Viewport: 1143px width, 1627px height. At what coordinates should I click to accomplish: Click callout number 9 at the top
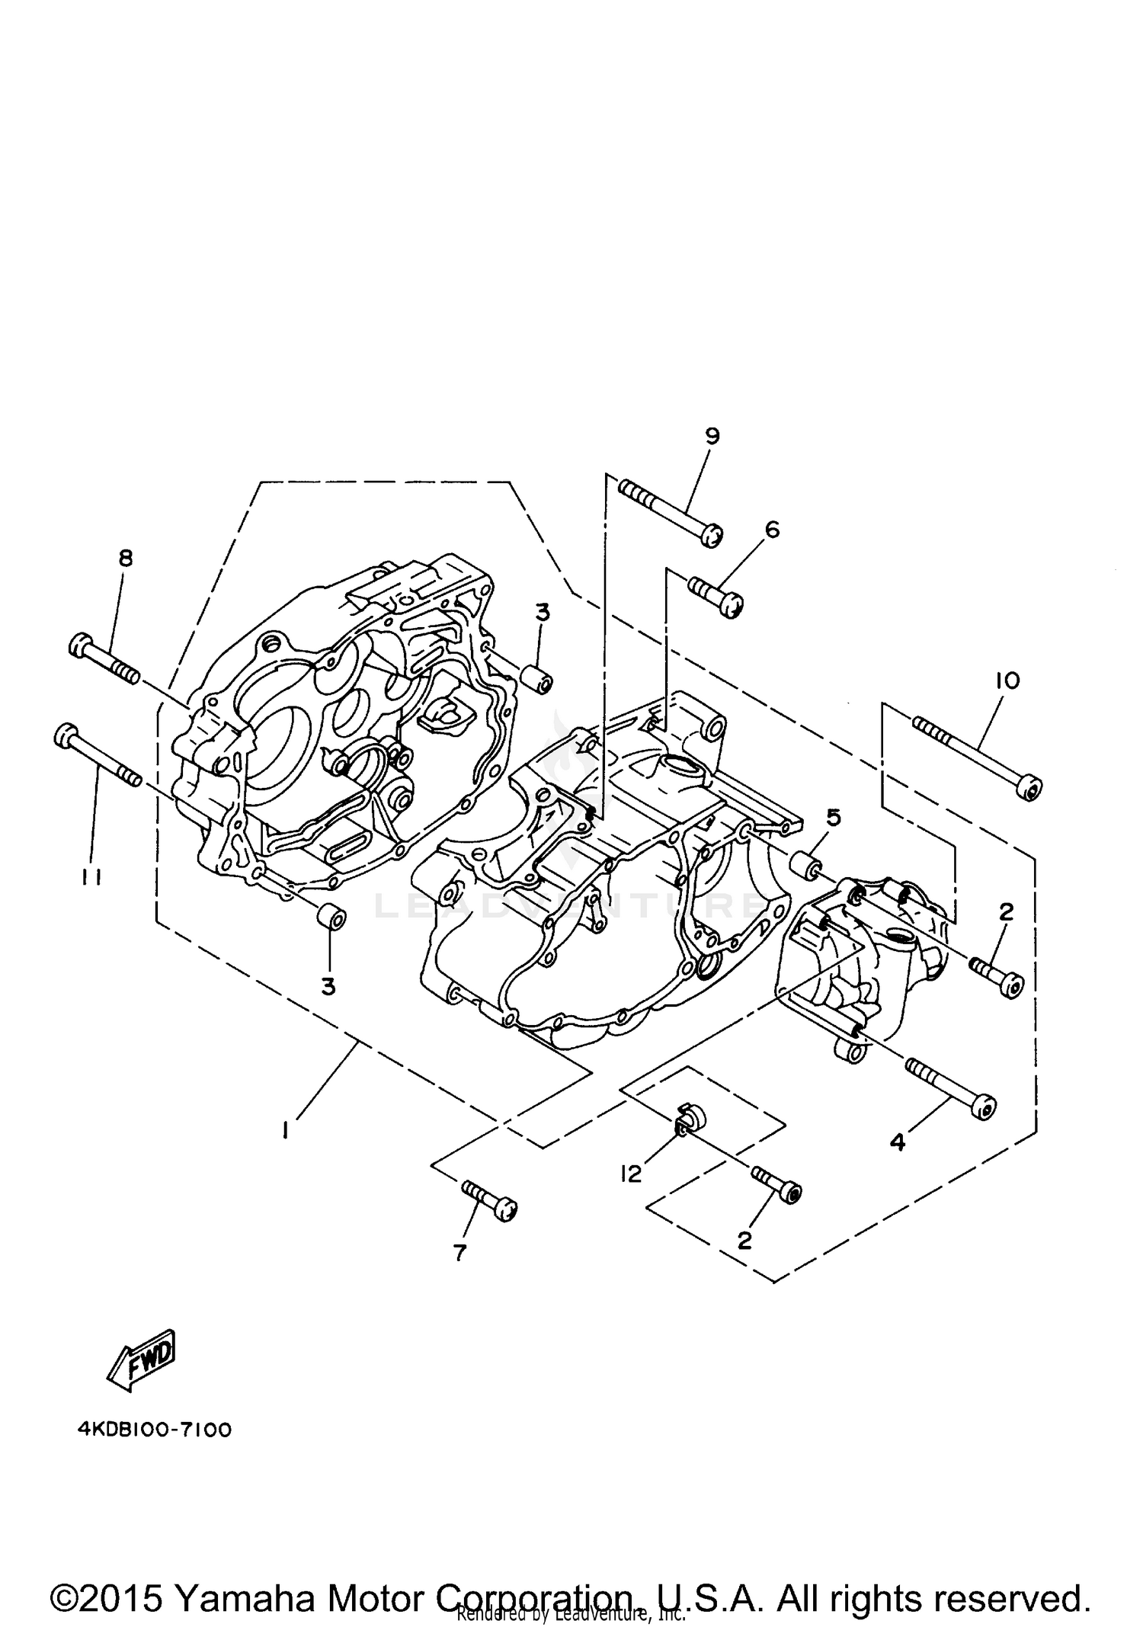tap(712, 436)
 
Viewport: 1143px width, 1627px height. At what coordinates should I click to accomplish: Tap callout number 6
tap(772, 529)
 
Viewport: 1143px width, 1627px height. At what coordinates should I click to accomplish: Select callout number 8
tap(126, 558)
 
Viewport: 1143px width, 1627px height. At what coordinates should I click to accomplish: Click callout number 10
tap(1007, 680)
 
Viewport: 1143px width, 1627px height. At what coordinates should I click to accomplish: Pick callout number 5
tap(834, 818)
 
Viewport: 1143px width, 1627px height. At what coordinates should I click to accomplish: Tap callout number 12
tap(631, 1174)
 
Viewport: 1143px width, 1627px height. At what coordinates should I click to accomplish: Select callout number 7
tap(459, 1252)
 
